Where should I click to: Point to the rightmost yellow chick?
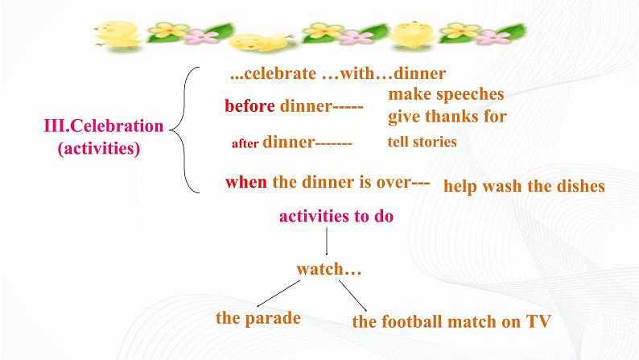(x=412, y=35)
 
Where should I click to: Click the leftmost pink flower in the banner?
(x=200, y=37)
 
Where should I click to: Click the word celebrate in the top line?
(x=280, y=73)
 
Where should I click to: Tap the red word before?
(x=249, y=106)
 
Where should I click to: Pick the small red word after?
(x=245, y=143)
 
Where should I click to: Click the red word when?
(x=246, y=182)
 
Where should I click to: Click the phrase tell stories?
(x=423, y=142)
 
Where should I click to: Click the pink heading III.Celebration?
(x=104, y=126)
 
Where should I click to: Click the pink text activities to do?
(x=336, y=216)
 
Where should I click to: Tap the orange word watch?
(x=320, y=269)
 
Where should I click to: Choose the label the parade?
(x=258, y=318)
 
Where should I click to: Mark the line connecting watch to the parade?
(x=278, y=293)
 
